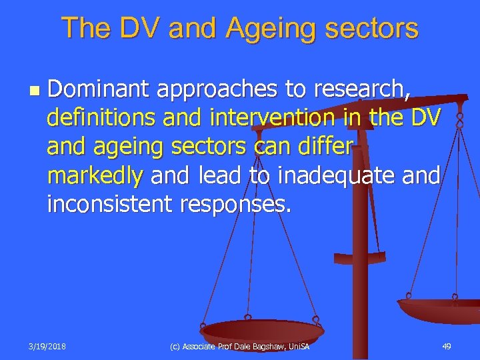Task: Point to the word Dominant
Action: [x=97, y=88]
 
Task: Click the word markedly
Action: [x=95, y=176]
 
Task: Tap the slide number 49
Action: [x=447, y=346]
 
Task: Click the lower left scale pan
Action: [x=261, y=329]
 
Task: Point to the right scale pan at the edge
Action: [x=440, y=310]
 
